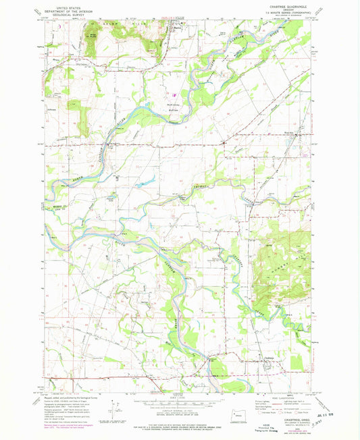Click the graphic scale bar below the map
click(178, 402)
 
